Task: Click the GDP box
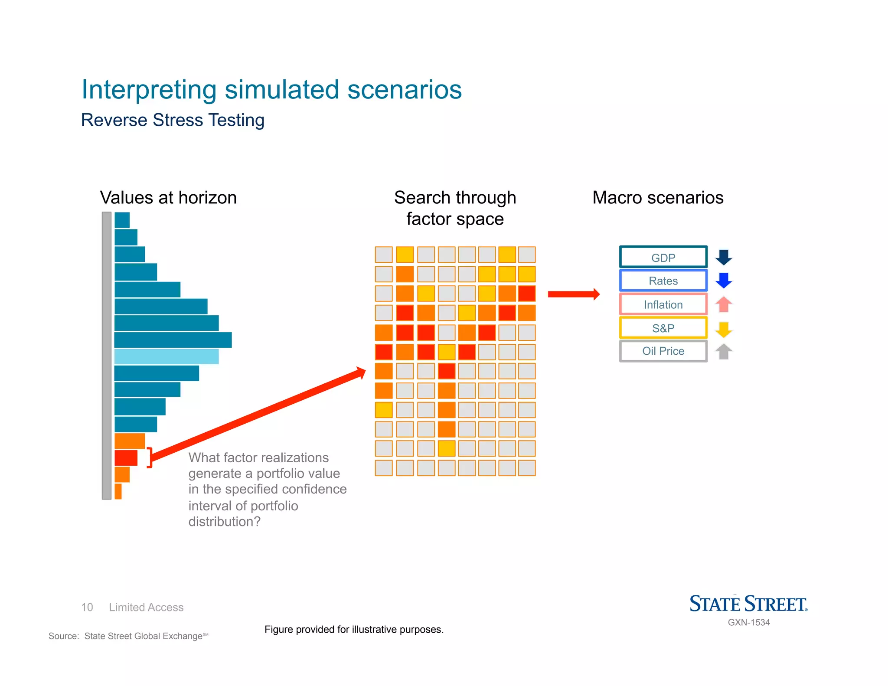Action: click(663, 258)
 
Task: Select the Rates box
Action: click(663, 281)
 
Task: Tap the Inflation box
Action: click(663, 304)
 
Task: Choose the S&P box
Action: click(663, 328)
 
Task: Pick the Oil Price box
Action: click(663, 351)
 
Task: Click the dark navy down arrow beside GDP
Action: click(723, 257)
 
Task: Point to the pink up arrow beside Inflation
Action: click(723, 304)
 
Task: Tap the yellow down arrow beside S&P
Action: click(723, 329)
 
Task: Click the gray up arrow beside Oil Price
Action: click(723, 351)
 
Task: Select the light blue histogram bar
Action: click(166, 356)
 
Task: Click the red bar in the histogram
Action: click(126, 458)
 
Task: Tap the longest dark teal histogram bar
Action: click(173, 340)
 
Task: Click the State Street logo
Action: click(748, 604)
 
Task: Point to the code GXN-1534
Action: click(748, 622)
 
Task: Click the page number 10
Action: click(87, 607)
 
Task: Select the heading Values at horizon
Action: click(168, 198)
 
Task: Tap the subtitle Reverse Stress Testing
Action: click(173, 120)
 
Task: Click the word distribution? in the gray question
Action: click(224, 521)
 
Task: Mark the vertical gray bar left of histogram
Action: click(107, 356)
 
